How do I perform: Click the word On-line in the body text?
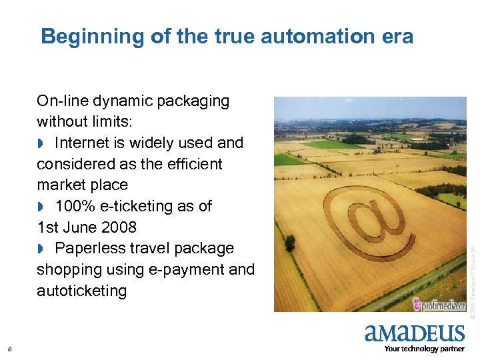point(62,101)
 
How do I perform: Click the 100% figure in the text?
point(75,206)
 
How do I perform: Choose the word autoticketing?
point(81,291)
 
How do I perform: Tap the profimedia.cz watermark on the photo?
point(439,304)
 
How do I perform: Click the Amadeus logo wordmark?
point(414,333)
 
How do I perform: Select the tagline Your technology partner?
point(425,349)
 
